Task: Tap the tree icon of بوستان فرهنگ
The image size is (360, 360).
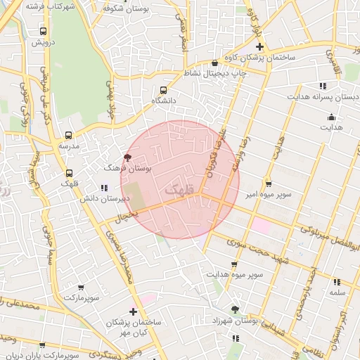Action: pyautogui.click(x=127, y=157)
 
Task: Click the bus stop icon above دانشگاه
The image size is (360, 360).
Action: pyautogui.click(x=164, y=90)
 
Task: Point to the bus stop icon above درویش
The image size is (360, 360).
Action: pyautogui.click(x=44, y=32)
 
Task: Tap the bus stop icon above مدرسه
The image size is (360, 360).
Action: pyautogui.click(x=68, y=135)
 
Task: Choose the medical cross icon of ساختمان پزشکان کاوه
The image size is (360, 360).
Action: pyautogui.click(x=259, y=46)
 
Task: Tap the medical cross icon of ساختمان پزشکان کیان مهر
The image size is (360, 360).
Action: pyautogui.click(x=133, y=311)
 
